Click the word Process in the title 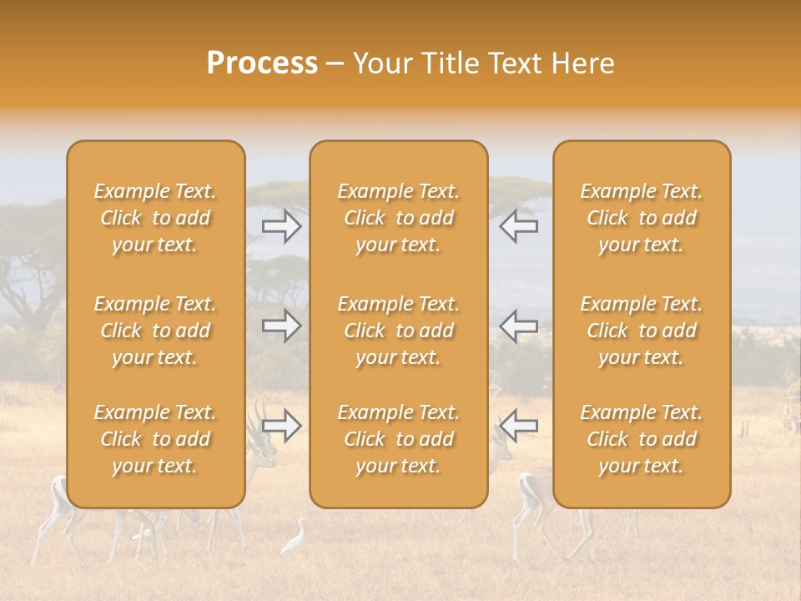262,63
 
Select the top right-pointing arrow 282,226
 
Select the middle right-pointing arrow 282,326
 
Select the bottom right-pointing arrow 282,426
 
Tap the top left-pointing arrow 518,226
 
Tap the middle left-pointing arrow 518,326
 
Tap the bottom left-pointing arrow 518,426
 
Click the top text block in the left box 155,218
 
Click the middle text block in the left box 155,331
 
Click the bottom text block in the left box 155,439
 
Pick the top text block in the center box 398,218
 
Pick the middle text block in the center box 398,331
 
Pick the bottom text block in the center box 398,439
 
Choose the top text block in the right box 641,218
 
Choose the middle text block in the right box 641,331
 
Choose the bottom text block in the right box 641,439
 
